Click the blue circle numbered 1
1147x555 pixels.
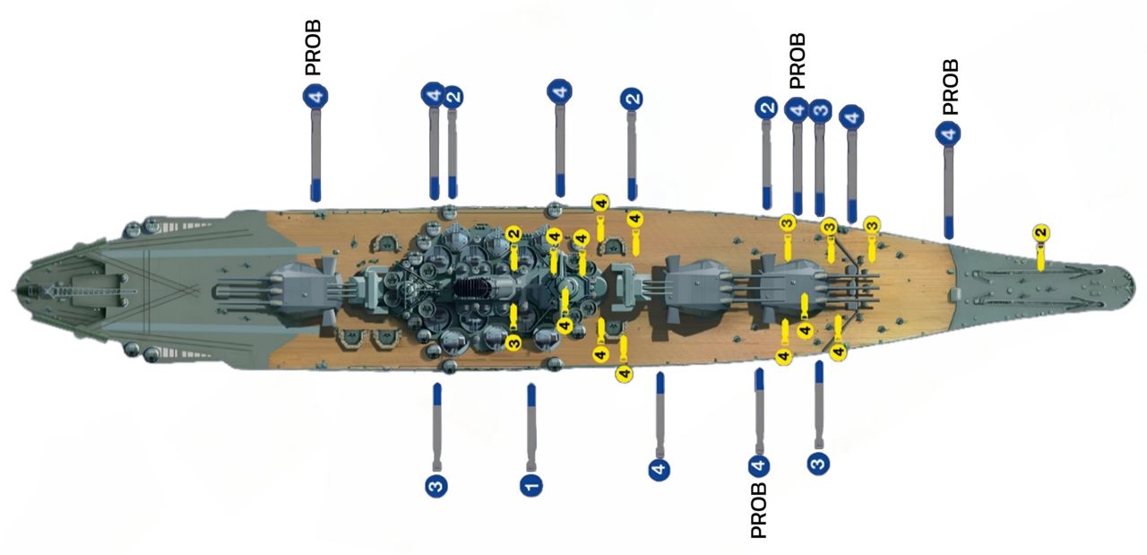(531, 485)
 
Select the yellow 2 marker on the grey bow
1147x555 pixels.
(1040, 233)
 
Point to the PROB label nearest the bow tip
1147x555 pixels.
(951, 87)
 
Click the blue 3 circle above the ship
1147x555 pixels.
(819, 110)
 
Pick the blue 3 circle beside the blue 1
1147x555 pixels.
(436, 486)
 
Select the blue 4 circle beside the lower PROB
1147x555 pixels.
(759, 465)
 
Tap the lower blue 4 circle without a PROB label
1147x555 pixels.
(660, 468)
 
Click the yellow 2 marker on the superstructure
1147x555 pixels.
(513, 234)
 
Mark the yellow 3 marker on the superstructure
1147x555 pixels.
(513, 342)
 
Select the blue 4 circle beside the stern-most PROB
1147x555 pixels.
(316, 97)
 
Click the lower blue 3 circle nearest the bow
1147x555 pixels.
(818, 463)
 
